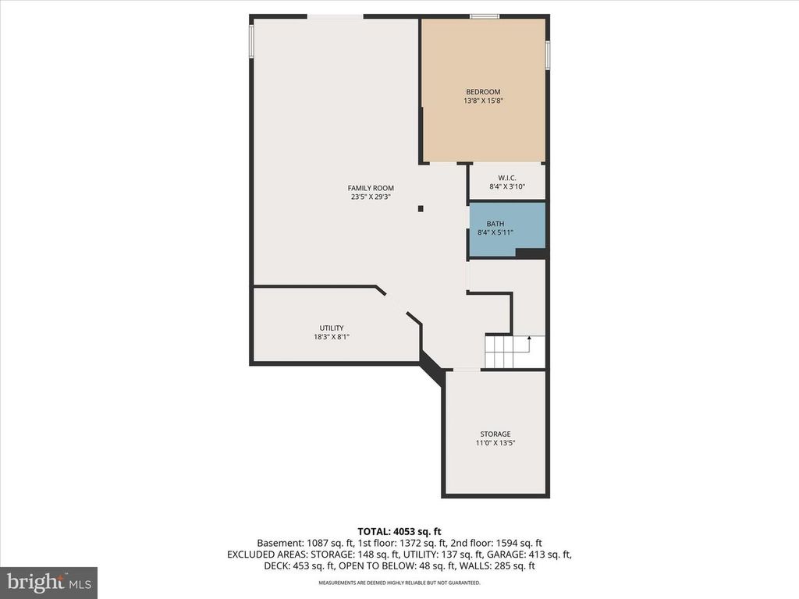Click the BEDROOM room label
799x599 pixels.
point(483,92)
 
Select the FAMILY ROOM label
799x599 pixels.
point(371,188)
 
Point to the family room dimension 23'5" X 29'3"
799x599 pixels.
point(371,197)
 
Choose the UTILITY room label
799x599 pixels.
point(331,328)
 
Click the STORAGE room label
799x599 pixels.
point(495,434)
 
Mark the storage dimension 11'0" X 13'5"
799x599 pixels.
point(495,443)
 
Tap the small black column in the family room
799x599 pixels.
point(421,208)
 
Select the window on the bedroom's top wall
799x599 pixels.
point(485,16)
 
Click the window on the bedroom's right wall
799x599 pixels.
point(548,55)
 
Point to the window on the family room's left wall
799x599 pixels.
point(251,41)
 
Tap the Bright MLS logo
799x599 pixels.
point(48,582)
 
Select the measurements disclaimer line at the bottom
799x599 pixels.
point(399,583)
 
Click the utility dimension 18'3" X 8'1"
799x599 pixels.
point(331,337)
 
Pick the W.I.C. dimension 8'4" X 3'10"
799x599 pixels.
point(507,187)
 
